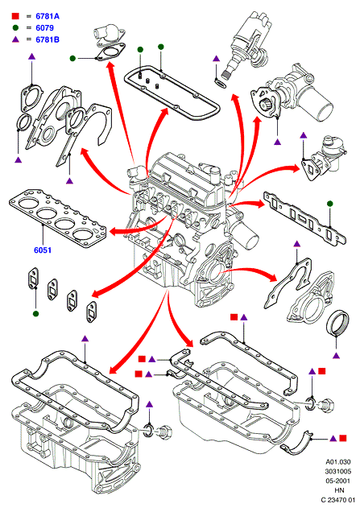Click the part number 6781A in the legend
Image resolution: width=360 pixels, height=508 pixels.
(48, 16)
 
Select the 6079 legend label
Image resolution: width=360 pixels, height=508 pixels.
(44, 28)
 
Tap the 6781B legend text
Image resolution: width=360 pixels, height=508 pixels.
(48, 39)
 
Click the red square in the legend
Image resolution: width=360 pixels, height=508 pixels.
(15, 16)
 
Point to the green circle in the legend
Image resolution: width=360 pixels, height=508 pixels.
(15, 28)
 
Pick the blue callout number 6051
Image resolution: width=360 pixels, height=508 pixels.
(43, 250)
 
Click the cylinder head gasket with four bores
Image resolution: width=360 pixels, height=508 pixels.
(58, 219)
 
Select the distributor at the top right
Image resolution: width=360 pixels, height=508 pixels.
(248, 42)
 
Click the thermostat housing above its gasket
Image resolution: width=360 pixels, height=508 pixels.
(108, 33)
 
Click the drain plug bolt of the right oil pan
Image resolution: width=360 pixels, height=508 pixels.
(325, 405)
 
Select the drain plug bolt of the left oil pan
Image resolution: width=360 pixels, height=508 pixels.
(164, 432)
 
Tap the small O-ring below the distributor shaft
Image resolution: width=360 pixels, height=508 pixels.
(221, 84)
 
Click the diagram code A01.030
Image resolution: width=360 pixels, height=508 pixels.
(338, 461)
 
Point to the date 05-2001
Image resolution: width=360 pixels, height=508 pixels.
(338, 481)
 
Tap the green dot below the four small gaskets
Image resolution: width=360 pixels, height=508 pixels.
(36, 314)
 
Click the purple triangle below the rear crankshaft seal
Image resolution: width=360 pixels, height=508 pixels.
(337, 356)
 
